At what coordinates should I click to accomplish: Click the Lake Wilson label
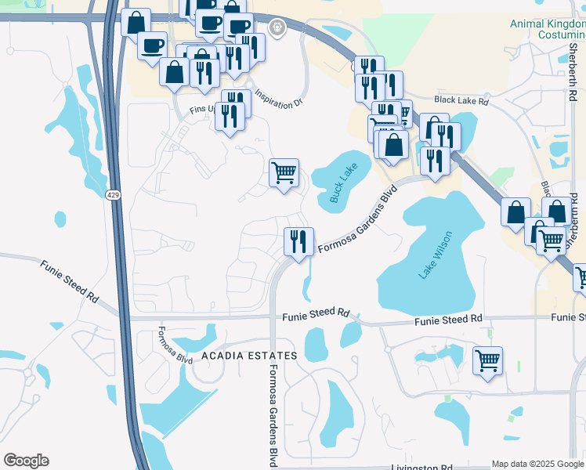[437, 255]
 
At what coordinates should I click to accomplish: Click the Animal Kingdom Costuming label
[548, 30]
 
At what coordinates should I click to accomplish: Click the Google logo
[26, 461]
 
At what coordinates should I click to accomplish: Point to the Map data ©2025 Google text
[537, 464]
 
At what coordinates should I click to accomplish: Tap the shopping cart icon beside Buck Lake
[284, 172]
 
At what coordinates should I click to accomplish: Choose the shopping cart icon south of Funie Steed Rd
[487, 360]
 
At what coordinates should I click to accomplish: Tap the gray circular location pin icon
[277, 27]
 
